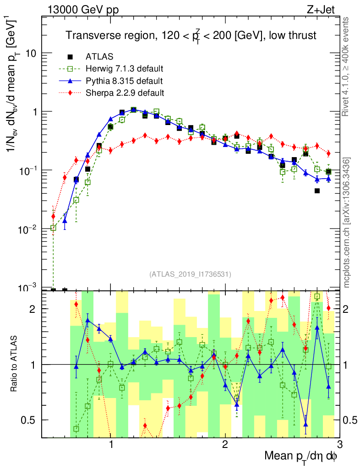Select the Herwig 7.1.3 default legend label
coord(125,69)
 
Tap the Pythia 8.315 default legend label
coord(124,81)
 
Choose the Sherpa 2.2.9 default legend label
coord(125,93)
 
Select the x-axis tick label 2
coord(225,445)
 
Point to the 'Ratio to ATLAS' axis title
coord(14,364)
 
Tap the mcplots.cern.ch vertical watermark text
coord(347,223)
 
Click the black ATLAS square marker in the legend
coord(70,57)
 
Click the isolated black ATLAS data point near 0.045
coord(317,191)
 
